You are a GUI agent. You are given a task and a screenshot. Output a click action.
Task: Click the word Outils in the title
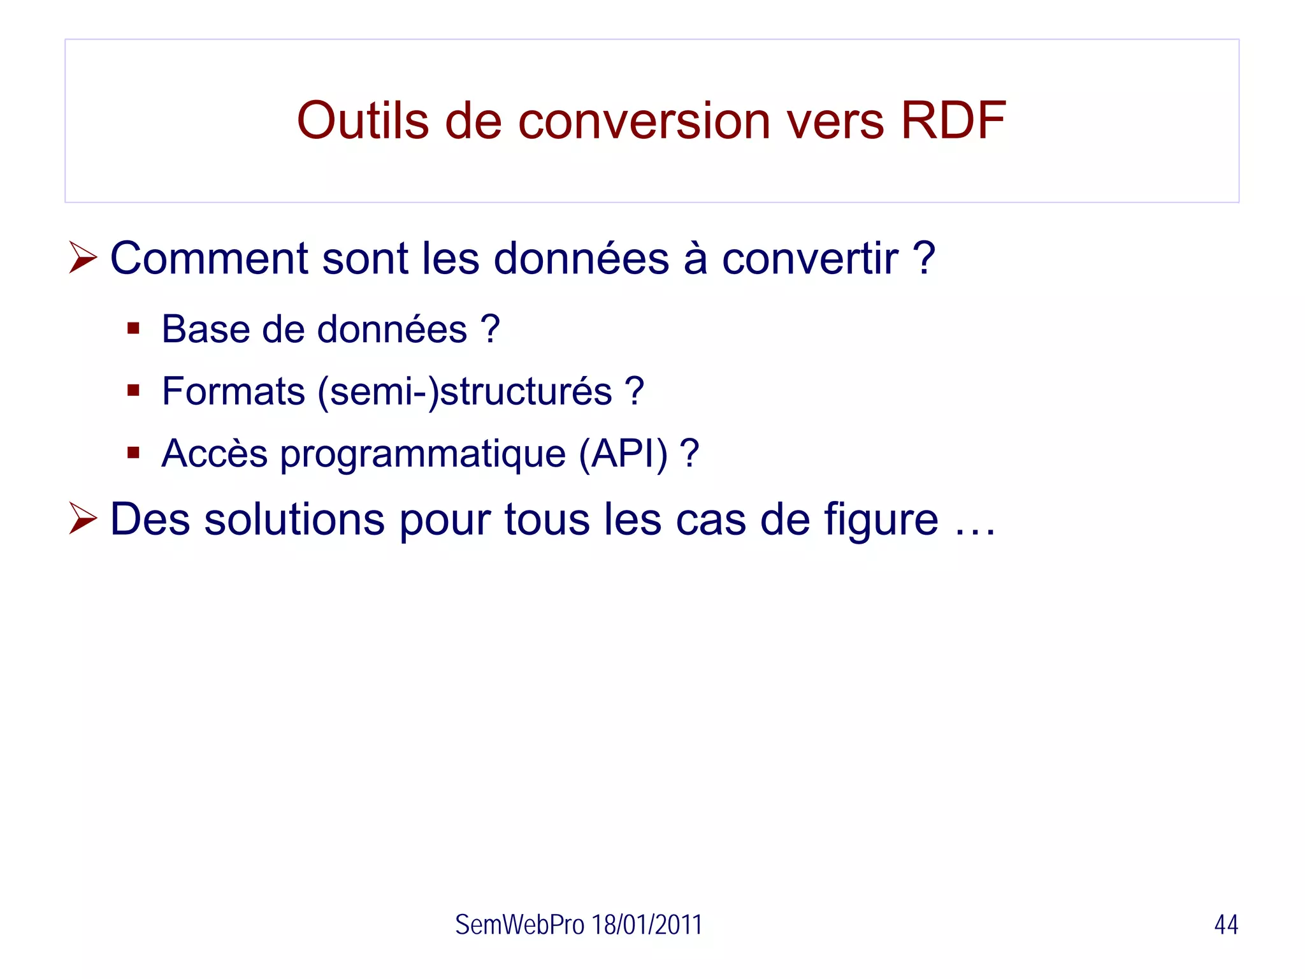click(x=363, y=120)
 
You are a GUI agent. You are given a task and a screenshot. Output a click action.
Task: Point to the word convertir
click(x=810, y=258)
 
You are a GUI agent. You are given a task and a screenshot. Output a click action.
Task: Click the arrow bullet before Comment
click(x=83, y=257)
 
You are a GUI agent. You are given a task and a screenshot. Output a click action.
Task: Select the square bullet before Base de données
click(x=133, y=329)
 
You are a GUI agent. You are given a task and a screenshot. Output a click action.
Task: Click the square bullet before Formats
click(x=133, y=390)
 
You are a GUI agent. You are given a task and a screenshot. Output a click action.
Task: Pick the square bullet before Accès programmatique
click(x=133, y=453)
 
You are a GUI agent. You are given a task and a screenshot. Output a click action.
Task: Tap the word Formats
click(x=233, y=391)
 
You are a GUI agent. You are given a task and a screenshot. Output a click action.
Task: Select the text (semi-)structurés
click(x=465, y=391)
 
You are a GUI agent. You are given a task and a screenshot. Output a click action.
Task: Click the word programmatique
click(x=422, y=454)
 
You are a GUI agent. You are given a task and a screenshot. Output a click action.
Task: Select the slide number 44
click(x=1225, y=925)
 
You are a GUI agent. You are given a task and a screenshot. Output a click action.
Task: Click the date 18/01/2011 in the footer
click(x=646, y=925)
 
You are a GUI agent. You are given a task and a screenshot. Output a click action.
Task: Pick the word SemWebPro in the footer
click(x=519, y=925)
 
